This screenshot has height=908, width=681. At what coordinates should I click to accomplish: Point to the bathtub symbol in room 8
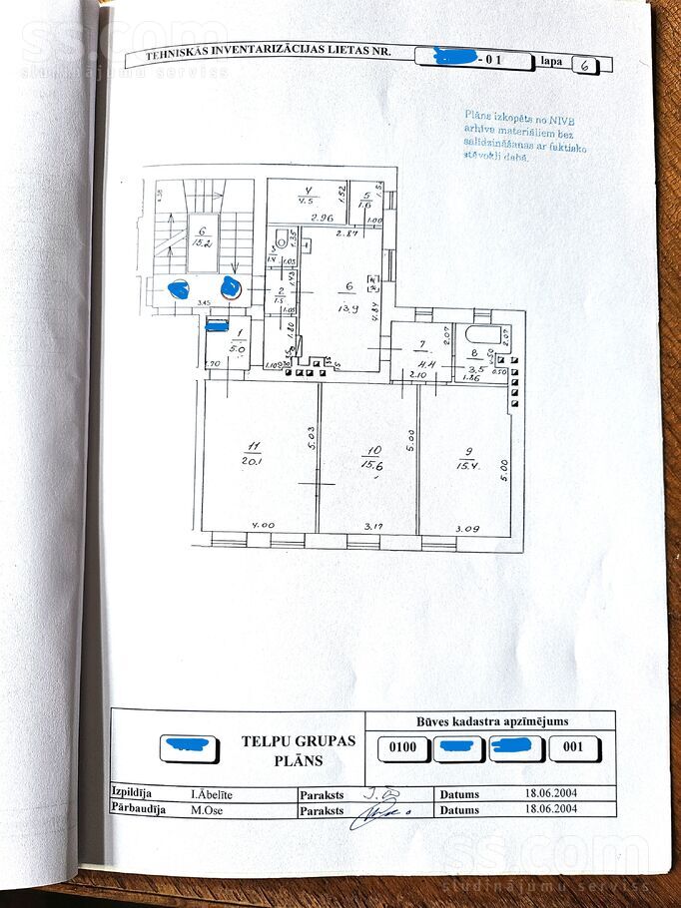point(481,335)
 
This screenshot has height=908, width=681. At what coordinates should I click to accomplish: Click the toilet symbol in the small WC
point(282,240)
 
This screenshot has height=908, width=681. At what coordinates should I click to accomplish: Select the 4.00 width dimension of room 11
point(262,526)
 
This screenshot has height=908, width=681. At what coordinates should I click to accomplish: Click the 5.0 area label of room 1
point(238,349)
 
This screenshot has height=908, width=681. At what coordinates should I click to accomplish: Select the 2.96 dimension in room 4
point(320,217)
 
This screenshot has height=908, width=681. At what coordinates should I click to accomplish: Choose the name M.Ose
point(206,810)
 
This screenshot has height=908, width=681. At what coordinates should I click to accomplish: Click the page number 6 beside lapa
point(584,65)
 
